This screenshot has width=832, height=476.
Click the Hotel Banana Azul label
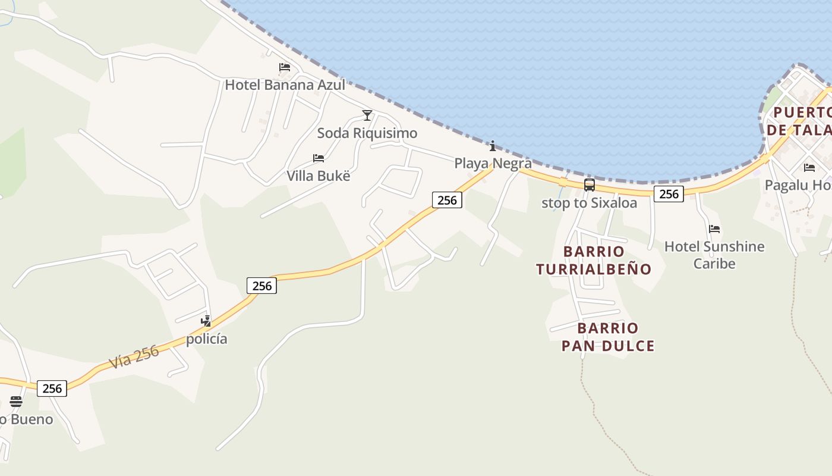(285, 85)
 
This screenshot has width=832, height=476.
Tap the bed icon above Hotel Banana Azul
(285, 67)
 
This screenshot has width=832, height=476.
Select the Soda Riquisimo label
(367, 133)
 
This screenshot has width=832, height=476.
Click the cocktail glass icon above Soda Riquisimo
(367, 115)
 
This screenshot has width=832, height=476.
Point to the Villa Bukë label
(319, 176)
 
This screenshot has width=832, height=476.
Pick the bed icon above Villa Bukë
(319, 158)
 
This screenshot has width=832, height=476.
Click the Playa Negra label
(493, 163)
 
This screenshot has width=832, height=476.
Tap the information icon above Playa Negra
(492, 146)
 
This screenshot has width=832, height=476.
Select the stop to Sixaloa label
(589, 203)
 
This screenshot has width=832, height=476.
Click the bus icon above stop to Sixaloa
(589, 185)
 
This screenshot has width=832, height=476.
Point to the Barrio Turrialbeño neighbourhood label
(594, 261)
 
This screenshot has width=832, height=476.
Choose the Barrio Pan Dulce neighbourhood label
(608, 337)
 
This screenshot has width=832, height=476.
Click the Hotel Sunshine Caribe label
(714, 255)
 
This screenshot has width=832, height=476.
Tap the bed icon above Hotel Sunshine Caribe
(714, 229)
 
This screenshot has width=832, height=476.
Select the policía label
(206, 339)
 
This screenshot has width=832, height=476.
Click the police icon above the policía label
(206, 321)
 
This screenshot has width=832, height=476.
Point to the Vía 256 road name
(134, 357)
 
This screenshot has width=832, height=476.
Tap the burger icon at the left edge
(16, 402)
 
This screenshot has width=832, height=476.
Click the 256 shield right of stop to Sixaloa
(669, 194)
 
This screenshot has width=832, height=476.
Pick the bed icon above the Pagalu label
(809, 168)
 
